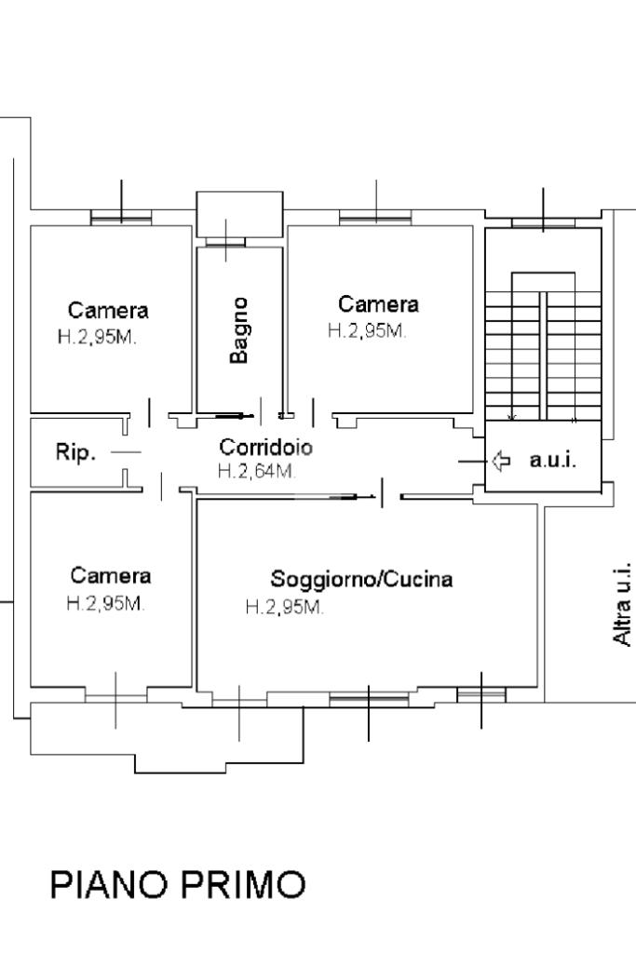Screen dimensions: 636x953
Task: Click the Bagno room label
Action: click(x=240, y=330)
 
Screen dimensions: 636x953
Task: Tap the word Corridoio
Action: click(x=266, y=447)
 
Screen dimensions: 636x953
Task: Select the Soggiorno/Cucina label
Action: click(x=361, y=579)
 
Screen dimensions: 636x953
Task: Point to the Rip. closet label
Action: click(x=75, y=454)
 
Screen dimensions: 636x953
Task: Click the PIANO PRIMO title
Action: click(x=177, y=884)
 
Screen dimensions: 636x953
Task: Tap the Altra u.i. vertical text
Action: click(x=623, y=603)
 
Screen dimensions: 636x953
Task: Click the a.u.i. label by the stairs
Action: click(x=553, y=460)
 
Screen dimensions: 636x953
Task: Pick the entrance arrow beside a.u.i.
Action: click(x=501, y=460)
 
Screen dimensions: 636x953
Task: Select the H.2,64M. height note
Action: click(x=257, y=471)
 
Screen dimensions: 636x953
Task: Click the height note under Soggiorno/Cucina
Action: click(x=284, y=608)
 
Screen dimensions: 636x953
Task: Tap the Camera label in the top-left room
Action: click(x=108, y=310)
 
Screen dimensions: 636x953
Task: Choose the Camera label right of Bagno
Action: click(x=378, y=303)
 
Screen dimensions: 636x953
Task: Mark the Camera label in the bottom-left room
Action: click(x=111, y=575)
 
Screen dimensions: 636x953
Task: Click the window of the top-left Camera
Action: click(x=121, y=219)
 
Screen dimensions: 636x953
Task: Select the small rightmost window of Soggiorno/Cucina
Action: click(x=481, y=694)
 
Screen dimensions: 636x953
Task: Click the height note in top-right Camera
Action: click(x=366, y=330)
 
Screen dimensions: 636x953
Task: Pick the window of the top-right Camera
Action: click(x=375, y=219)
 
